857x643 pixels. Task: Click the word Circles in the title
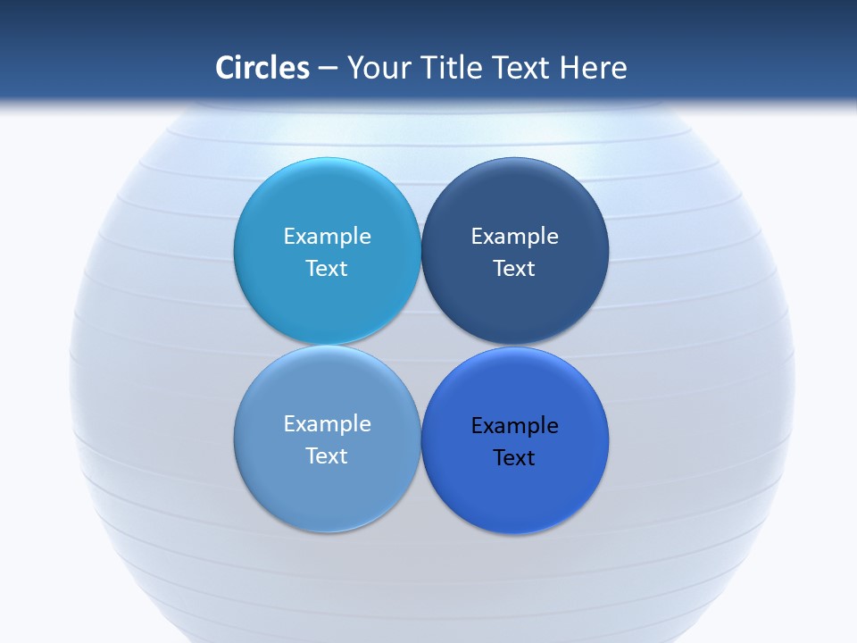point(262,68)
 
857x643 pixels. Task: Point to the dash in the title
point(328,69)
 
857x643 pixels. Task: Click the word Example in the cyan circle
point(327,237)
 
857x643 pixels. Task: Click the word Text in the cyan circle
point(327,269)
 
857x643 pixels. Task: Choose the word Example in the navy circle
point(515,237)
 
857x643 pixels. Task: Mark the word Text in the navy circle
point(515,269)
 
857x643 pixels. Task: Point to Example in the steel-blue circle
point(327,424)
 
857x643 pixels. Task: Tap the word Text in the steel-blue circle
point(327,456)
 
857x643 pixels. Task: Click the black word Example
point(515,426)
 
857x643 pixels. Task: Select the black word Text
point(515,458)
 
